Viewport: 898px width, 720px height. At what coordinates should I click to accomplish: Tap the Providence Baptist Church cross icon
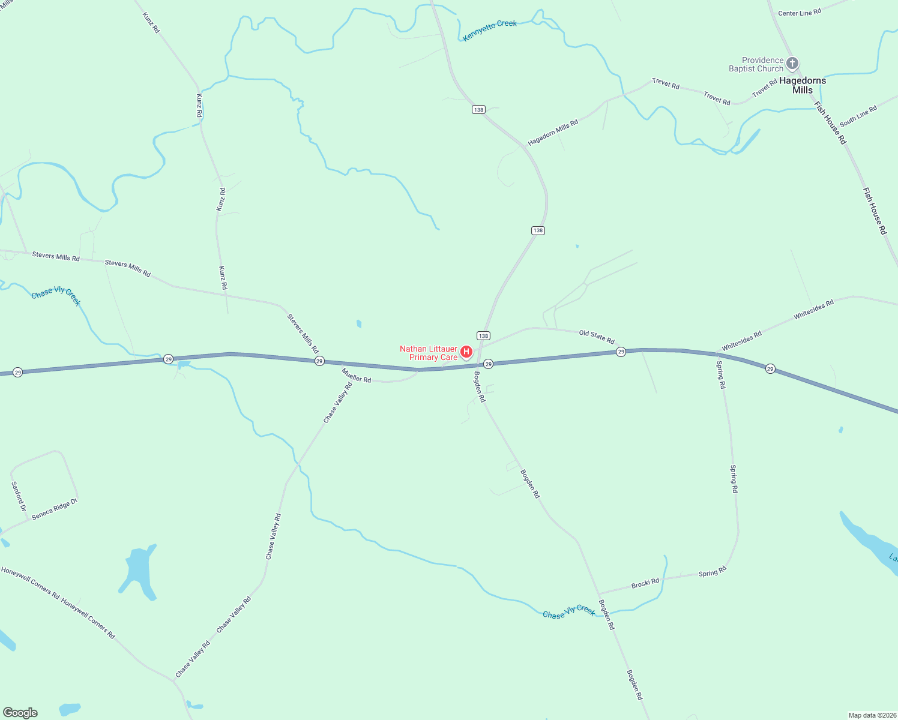[x=792, y=63]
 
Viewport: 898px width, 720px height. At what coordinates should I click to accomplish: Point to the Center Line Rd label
[x=800, y=13]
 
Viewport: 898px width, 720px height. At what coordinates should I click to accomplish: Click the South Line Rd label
[x=858, y=116]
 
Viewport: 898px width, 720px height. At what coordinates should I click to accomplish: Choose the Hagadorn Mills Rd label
[x=553, y=133]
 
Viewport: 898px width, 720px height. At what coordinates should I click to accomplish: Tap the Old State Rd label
[x=597, y=336]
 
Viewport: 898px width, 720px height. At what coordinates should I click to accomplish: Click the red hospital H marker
[x=466, y=352]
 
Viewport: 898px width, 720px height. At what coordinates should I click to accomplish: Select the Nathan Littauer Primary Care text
[x=429, y=353]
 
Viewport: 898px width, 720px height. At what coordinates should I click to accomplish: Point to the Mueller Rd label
[x=357, y=376]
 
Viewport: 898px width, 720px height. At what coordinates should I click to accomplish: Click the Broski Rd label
[x=645, y=583]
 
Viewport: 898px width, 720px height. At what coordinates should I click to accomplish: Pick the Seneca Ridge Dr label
[x=55, y=509]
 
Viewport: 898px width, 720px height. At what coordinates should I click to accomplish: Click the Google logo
[x=20, y=713]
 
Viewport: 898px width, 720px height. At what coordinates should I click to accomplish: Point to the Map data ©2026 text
[x=872, y=715]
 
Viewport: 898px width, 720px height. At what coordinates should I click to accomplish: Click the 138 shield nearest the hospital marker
[x=483, y=335]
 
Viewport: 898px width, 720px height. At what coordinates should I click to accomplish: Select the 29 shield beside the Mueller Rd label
[x=319, y=361]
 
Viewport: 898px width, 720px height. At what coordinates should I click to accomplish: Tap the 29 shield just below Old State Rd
[x=621, y=352]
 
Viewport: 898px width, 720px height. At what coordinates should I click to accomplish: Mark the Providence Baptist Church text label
[x=756, y=64]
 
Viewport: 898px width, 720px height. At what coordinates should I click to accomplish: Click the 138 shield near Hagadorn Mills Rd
[x=478, y=109]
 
